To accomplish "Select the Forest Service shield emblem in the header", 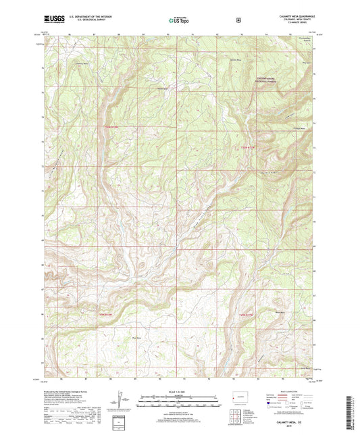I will [238, 20].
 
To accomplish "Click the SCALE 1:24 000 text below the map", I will [179, 392].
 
